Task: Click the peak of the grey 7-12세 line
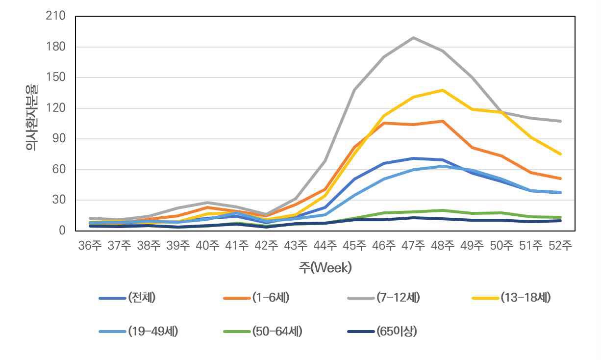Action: tap(413, 38)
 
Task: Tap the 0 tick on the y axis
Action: tap(62, 231)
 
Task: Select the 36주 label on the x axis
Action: tap(90, 246)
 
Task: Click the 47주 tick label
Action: tap(413, 246)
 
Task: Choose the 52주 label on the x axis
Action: tap(560, 246)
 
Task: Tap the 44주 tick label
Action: tap(325, 246)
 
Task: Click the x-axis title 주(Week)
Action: tap(325, 268)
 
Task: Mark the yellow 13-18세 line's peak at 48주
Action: tap(443, 90)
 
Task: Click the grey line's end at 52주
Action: tap(560, 121)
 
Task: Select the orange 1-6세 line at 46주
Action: tap(384, 123)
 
